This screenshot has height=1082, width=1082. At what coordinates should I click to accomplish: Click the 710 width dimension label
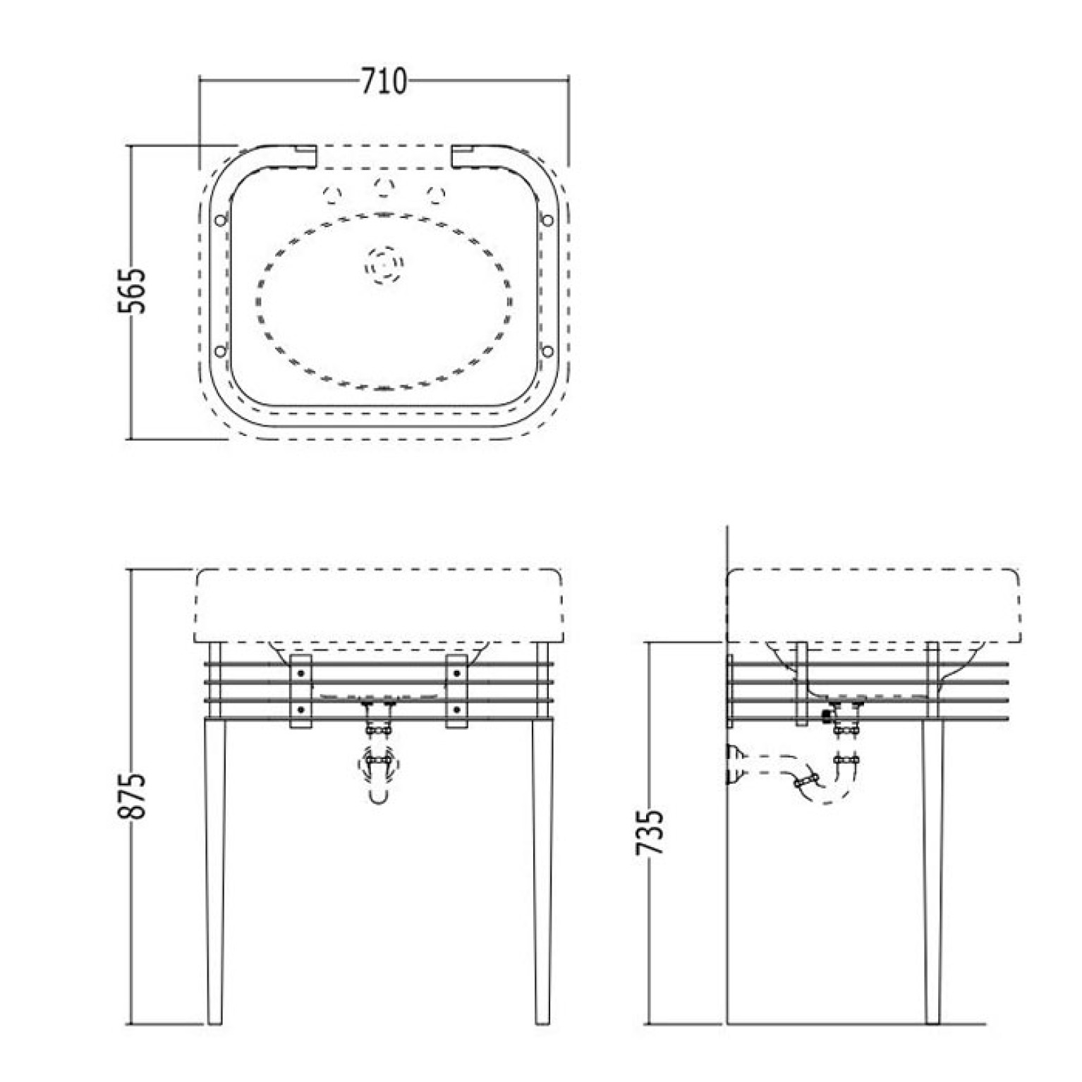(x=384, y=82)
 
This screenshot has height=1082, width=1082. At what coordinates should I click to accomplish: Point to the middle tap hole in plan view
(x=383, y=186)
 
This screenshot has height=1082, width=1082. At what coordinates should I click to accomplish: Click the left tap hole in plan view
(x=332, y=193)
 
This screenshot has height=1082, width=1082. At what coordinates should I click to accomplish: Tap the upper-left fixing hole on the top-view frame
(x=220, y=220)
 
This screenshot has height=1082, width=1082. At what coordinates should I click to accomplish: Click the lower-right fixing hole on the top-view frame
(x=547, y=350)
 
